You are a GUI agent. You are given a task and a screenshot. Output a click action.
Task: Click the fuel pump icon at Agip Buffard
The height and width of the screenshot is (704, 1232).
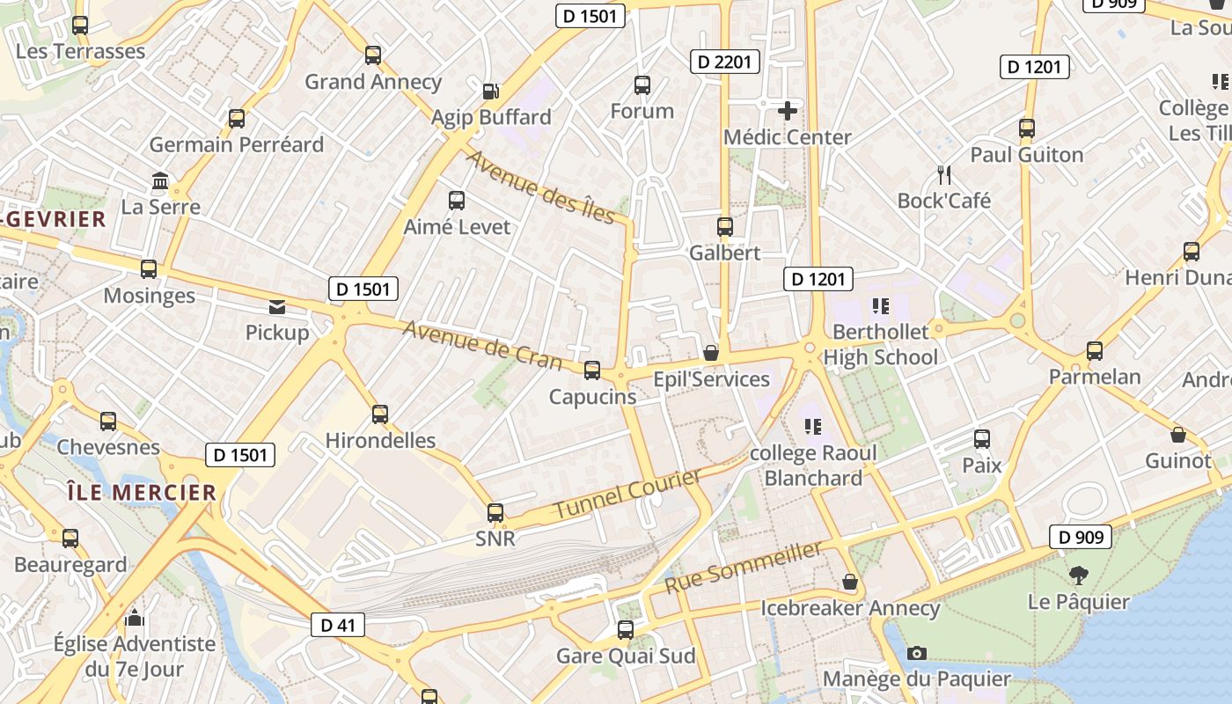(x=491, y=91)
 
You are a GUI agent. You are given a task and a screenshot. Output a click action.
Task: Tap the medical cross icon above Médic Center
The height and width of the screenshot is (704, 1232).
(x=788, y=111)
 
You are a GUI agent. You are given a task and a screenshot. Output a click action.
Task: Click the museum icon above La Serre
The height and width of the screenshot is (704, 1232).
(x=161, y=181)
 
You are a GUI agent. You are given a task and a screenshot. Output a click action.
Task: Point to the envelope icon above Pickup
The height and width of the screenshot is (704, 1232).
(x=277, y=307)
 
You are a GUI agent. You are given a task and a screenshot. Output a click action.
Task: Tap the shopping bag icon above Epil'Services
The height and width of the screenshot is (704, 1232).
(x=711, y=353)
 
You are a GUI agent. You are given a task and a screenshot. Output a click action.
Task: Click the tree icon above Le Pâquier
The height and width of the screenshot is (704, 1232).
(x=1078, y=576)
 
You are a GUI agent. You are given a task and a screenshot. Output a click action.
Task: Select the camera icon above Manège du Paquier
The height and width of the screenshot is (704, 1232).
(x=917, y=653)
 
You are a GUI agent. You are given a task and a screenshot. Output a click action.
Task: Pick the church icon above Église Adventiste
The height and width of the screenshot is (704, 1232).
(x=135, y=618)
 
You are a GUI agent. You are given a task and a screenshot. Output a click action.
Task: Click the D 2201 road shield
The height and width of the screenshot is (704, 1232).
(x=726, y=62)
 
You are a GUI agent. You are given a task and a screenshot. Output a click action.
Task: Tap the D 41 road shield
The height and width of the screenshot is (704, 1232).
(x=338, y=626)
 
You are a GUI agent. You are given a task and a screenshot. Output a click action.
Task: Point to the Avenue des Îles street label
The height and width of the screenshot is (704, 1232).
(x=539, y=187)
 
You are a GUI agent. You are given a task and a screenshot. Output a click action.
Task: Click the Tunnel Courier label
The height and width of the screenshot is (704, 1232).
(x=627, y=494)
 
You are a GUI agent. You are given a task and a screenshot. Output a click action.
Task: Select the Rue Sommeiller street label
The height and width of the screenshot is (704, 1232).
(x=744, y=567)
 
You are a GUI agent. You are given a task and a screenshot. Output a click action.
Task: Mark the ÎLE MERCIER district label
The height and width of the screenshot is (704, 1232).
(x=141, y=492)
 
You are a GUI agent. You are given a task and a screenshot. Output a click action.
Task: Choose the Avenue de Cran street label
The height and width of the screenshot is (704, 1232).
(x=482, y=344)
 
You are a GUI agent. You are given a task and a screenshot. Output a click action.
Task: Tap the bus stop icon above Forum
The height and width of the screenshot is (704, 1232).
(x=642, y=85)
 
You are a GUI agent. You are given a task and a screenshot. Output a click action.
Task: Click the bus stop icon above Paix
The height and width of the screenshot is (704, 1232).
(x=982, y=439)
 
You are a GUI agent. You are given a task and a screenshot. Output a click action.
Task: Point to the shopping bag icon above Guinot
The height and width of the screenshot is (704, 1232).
(x=1178, y=435)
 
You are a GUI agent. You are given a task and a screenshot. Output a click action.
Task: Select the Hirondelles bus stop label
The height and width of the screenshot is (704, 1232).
(x=380, y=440)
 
